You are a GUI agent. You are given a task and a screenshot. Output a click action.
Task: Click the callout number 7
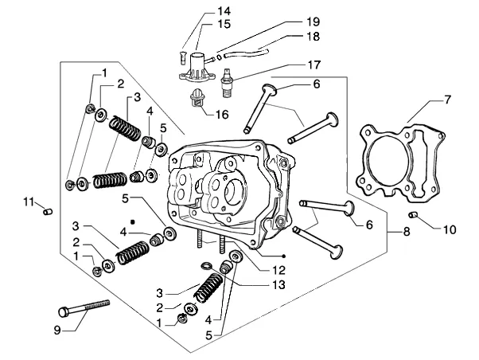pos(447,100)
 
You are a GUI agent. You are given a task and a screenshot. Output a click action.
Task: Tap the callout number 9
pos(57,330)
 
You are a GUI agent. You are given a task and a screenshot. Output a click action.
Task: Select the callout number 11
pos(29,202)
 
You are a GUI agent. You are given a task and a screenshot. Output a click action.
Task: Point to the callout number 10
pos(450,229)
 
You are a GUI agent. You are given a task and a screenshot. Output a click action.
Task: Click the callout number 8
pos(407,232)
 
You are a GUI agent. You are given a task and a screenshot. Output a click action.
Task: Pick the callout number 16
pos(222,115)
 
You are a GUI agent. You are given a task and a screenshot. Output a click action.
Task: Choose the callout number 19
pos(313,22)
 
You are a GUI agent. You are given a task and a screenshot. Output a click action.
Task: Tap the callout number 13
pos(278,285)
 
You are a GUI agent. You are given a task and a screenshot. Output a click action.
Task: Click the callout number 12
pos(279,270)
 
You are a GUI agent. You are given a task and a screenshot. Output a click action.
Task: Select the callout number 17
pos(313,65)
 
